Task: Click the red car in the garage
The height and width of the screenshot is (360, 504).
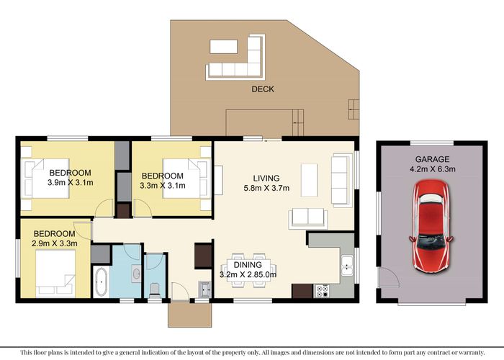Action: [x=429, y=225]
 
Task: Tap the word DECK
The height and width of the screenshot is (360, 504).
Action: [x=262, y=89]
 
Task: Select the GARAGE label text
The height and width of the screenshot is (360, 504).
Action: [x=432, y=160]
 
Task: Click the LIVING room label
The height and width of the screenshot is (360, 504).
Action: [x=266, y=178]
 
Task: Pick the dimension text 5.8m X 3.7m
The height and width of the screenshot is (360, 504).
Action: [x=266, y=189]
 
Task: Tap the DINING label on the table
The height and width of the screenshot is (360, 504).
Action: [x=246, y=264]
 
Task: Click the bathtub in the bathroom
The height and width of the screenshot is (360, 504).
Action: [x=100, y=281]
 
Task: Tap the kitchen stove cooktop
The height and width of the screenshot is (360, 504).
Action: [x=322, y=292]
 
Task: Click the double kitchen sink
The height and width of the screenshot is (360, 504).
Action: [x=347, y=266]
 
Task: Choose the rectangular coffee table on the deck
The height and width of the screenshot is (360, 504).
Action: [x=223, y=46]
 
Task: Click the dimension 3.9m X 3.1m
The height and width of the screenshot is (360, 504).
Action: [x=70, y=183]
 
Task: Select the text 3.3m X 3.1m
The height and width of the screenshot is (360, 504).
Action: [x=162, y=186]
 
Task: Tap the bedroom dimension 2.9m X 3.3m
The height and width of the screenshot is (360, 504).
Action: [x=54, y=244]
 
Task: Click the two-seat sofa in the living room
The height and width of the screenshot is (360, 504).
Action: [x=307, y=217]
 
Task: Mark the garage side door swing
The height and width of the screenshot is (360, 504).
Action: [x=389, y=276]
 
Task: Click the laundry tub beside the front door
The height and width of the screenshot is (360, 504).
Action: [x=205, y=289]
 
